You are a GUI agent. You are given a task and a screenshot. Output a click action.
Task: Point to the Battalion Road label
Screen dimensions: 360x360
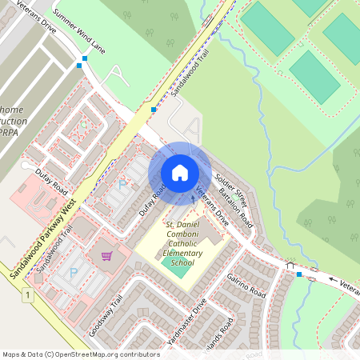coord(236,207)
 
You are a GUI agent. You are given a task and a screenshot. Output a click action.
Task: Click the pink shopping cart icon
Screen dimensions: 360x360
coord(106,256)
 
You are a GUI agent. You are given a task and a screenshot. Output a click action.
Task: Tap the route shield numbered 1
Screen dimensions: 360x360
coord(28,296)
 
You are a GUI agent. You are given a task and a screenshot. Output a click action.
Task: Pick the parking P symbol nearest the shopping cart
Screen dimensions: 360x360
coord(74,273)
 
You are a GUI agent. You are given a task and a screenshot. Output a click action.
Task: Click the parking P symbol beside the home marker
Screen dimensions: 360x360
coord(122,184)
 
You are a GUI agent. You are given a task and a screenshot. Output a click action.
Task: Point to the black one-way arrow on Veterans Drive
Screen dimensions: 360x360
coord(334,280)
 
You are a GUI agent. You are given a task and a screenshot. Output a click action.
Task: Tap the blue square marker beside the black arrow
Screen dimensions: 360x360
coord(299,274)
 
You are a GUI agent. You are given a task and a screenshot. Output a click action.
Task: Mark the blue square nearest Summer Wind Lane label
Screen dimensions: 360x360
coord(85,58)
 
